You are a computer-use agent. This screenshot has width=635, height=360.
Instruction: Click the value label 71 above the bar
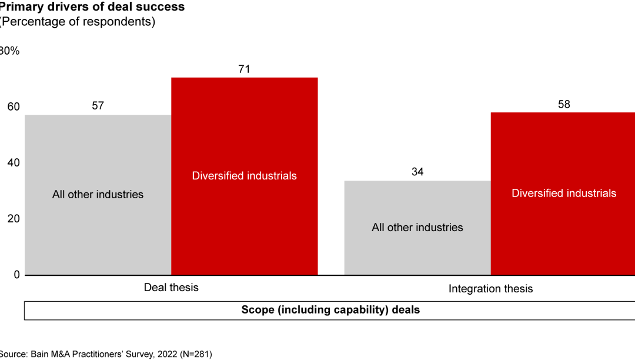pos(244,69)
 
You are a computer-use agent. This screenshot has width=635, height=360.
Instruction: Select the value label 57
pos(98,106)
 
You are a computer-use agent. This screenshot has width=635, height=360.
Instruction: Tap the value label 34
pos(417,172)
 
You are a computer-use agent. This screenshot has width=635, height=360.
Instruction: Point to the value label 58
pos(564,104)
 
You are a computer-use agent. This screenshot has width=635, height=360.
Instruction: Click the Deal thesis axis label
pos(171,288)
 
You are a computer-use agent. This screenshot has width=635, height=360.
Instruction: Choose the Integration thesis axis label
pos(490,289)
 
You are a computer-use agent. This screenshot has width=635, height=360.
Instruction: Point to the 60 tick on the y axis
pos(13,106)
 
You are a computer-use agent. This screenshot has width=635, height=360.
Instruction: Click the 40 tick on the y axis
pos(13,162)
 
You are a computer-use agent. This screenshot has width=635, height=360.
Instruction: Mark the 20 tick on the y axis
pos(13,218)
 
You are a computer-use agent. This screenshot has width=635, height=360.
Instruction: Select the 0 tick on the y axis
pos(16,275)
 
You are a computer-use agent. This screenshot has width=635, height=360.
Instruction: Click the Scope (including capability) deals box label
pos(330,309)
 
